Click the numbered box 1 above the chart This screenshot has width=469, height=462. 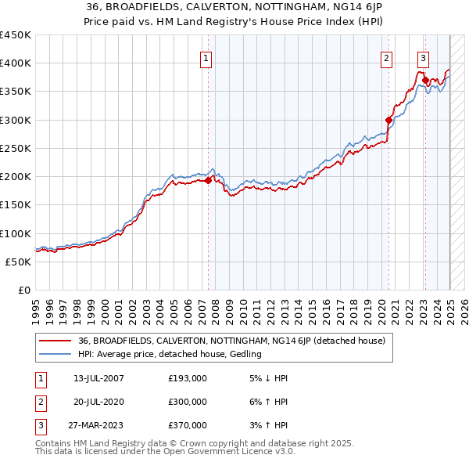point(206,57)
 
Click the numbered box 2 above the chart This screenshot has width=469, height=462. point(386,57)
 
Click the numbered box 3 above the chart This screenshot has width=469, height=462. point(423,57)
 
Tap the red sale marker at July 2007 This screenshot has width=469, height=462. point(208,181)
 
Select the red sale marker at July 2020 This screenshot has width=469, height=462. point(388,120)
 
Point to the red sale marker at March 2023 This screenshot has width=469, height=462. point(425,80)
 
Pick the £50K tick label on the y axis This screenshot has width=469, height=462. point(19,262)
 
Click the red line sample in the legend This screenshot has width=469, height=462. point(55,341)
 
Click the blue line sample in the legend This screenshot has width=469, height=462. point(55,355)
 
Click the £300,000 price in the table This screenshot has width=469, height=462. point(188,402)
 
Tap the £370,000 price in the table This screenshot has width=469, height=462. point(188,425)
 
